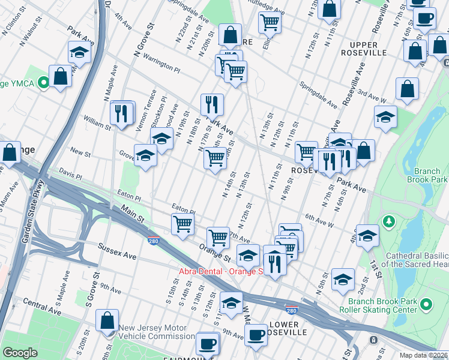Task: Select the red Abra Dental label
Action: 221,271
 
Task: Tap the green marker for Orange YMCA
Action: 43,83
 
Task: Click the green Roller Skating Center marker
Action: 427,305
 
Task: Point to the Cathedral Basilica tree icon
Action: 390,223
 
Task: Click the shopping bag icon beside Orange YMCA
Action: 60,76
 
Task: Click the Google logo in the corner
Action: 20,353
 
